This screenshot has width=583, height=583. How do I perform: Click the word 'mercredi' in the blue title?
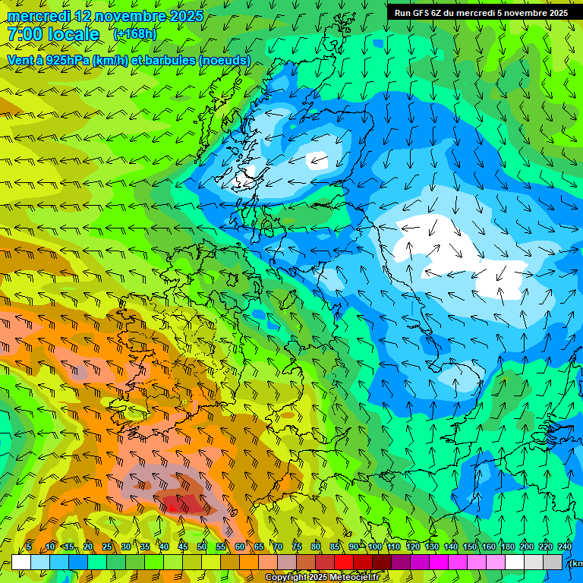[x=39, y=16]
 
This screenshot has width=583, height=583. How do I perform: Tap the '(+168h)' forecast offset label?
[x=134, y=34]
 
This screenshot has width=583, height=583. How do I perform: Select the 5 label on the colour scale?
[x=29, y=547]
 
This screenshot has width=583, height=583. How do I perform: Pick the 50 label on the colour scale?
[x=202, y=547]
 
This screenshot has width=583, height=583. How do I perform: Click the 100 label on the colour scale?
[x=374, y=547]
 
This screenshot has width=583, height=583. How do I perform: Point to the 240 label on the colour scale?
[x=565, y=547]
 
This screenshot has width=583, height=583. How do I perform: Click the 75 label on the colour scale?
[x=296, y=547]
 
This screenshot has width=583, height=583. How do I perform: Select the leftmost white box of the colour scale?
[x=21, y=562]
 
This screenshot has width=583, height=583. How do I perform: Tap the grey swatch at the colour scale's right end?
[x=553, y=562]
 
